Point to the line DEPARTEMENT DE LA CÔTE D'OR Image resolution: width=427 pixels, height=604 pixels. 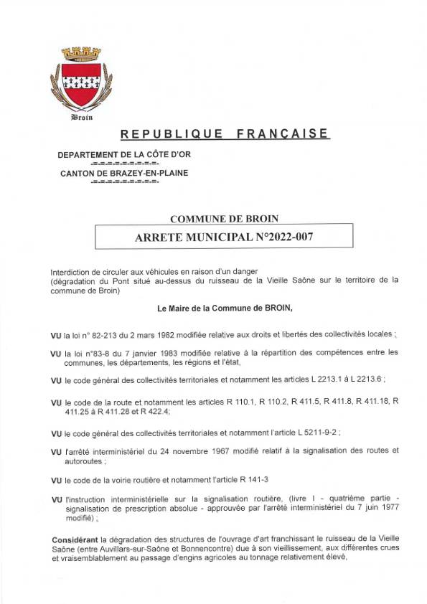coord(124,155)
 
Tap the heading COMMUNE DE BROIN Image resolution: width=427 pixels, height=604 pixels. coord(224,218)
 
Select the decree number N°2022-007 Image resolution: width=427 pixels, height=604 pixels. coord(278,235)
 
